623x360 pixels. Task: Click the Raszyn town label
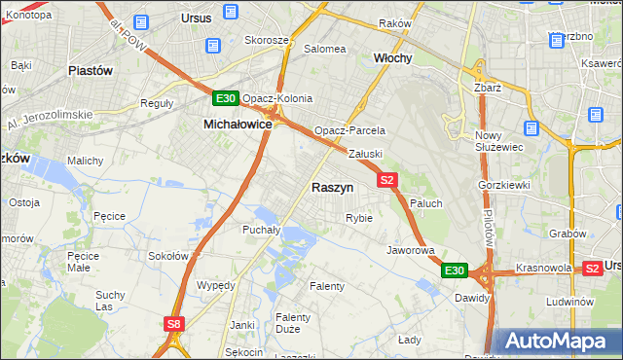(x=332, y=187)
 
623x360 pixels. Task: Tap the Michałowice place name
(x=237, y=125)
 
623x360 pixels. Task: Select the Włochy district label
(x=393, y=58)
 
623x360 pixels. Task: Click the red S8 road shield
(x=173, y=323)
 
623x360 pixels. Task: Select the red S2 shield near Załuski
(x=387, y=180)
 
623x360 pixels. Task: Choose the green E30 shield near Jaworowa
(x=455, y=270)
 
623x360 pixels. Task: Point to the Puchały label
(x=261, y=231)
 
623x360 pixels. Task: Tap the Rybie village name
(x=359, y=218)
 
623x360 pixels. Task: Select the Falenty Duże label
(x=293, y=324)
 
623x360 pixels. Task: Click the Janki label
(x=242, y=325)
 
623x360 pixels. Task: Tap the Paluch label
(x=426, y=203)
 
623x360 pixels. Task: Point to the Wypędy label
(x=216, y=285)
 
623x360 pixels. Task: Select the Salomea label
(x=325, y=49)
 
